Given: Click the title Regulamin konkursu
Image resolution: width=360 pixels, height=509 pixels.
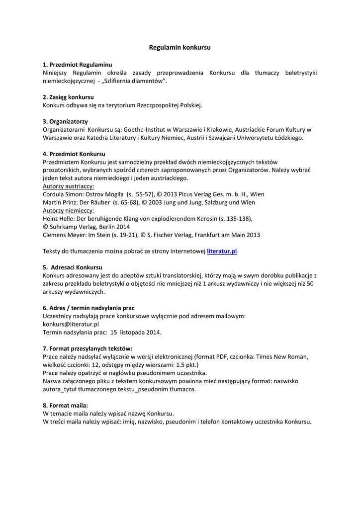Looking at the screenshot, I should click(x=180, y=48).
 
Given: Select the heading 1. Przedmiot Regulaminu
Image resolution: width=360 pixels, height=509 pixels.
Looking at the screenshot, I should click(x=77, y=65).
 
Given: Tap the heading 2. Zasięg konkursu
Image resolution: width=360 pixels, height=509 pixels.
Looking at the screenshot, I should click(x=68, y=97).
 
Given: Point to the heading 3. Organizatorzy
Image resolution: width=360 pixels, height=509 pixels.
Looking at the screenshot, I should click(x=65, y=121).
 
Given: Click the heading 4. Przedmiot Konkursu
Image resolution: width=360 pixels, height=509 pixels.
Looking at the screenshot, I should click(x=74, y=154).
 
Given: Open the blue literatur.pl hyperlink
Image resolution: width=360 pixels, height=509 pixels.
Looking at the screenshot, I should click(x=222, y=252).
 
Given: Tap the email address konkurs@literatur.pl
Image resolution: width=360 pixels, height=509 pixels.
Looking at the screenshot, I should click(x=71, y=324).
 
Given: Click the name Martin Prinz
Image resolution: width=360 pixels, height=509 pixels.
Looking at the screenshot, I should click(x=58, y=202).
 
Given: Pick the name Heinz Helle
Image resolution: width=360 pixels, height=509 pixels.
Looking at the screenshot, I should click(x=57, y=218).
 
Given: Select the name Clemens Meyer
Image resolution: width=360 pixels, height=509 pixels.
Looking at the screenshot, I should click(x=63, y=235).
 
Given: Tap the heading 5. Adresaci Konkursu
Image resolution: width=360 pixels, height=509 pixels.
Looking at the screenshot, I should click(x=73, y=267).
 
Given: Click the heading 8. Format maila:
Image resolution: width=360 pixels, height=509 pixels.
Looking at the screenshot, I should click(x=65, y=406).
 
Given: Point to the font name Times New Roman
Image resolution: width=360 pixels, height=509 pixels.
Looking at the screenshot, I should click(x=283, y=356).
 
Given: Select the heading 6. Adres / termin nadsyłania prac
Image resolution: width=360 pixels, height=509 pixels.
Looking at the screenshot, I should click(x=89, y=308).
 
